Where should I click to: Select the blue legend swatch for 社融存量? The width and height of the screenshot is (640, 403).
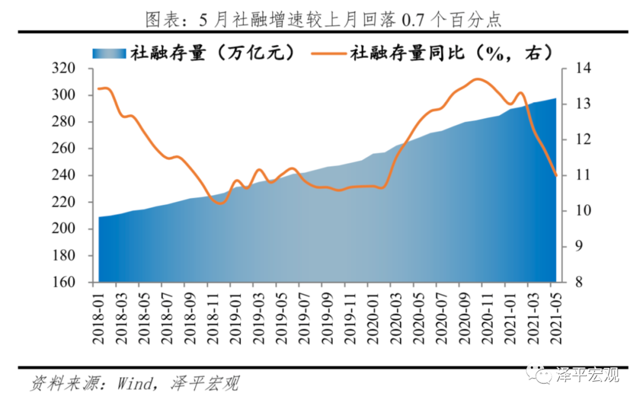(x=110, y=53)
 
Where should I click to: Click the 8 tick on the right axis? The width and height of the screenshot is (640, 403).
(x=571, y=283)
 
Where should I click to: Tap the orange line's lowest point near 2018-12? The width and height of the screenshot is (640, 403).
(x=219, y=203)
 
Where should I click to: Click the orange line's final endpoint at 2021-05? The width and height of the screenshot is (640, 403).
(x=556, y=175)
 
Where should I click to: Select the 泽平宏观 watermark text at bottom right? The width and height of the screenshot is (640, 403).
(x=587, y=375)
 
